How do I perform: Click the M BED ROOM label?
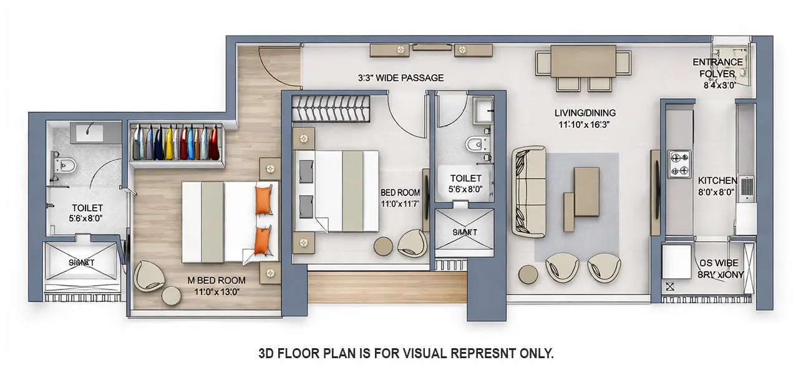click(216, 280)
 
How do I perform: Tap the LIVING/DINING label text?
click(585, 113)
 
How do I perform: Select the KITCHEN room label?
click(717, 180)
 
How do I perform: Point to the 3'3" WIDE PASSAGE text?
click(401, 78)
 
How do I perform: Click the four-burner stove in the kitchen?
click(679, 163)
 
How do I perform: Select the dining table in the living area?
click(583, 61)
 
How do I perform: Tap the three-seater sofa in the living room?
click(529, 192)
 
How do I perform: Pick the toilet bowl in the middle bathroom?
click(476, 145)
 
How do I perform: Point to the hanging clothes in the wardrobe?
click(176, 143)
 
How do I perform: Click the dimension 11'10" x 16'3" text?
click(582, 124)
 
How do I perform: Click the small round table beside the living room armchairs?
click(528, 274)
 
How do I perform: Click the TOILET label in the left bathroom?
click(87, 208)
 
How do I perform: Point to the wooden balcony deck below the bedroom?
click(387, 286)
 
